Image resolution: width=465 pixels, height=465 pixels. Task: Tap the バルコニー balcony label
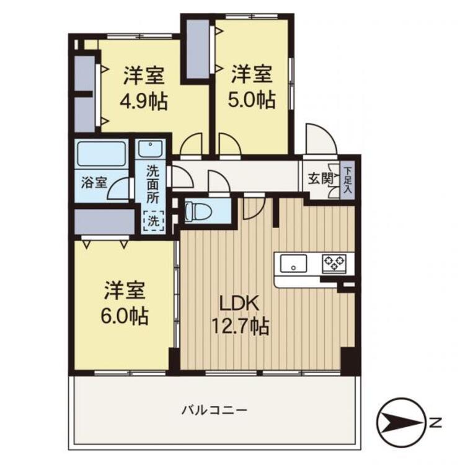point(215,410)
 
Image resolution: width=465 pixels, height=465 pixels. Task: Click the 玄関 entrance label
point(320,179)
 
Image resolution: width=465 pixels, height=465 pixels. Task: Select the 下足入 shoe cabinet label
point(348,179)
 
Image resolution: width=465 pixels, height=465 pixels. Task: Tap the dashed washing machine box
point(153,219)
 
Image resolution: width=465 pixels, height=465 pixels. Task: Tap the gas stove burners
point(335,263)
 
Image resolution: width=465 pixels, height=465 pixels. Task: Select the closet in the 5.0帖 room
point(198,50)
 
